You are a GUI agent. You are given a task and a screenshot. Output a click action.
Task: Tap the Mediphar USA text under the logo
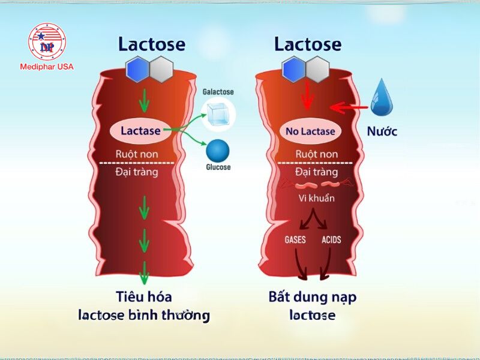[48, 67]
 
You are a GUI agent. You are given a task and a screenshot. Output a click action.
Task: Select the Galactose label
[218, 92]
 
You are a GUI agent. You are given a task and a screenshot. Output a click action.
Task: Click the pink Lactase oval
[140, 131]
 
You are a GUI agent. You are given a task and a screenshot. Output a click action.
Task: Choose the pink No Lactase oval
[310, 131]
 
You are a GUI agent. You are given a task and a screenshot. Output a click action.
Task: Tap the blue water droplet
[382, 98]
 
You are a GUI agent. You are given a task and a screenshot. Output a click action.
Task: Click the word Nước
[382, 131]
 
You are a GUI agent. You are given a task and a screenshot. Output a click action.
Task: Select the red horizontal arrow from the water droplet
[349, 108]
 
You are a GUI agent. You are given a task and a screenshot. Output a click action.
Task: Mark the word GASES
[295, 240]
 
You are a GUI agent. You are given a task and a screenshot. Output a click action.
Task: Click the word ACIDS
[331, 240]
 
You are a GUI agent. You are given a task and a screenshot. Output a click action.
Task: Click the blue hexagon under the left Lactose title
[137, 70]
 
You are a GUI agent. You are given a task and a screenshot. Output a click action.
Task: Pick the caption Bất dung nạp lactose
[312, 305]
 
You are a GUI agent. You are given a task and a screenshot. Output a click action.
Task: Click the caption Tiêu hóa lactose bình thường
[144, 305]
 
